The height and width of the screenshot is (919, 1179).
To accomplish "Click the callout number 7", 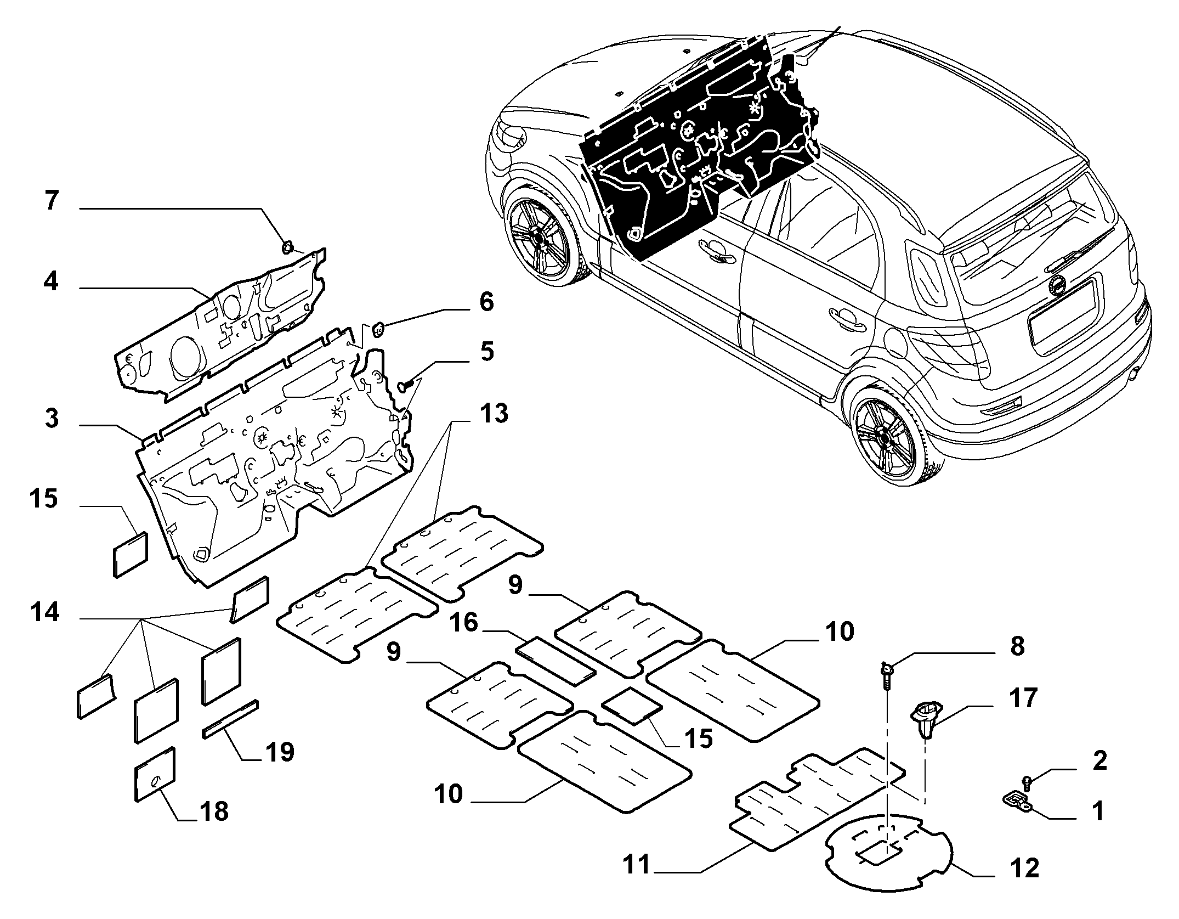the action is pyautogui.click(x=51, y=201).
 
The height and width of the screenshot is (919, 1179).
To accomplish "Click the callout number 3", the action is pyautogui.click(x=51, y=419).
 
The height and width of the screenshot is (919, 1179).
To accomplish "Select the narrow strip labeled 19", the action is pyautogui.click(x=230, y=719).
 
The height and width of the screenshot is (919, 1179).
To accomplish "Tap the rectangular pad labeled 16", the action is pyautogui.click(x=556, y=661).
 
